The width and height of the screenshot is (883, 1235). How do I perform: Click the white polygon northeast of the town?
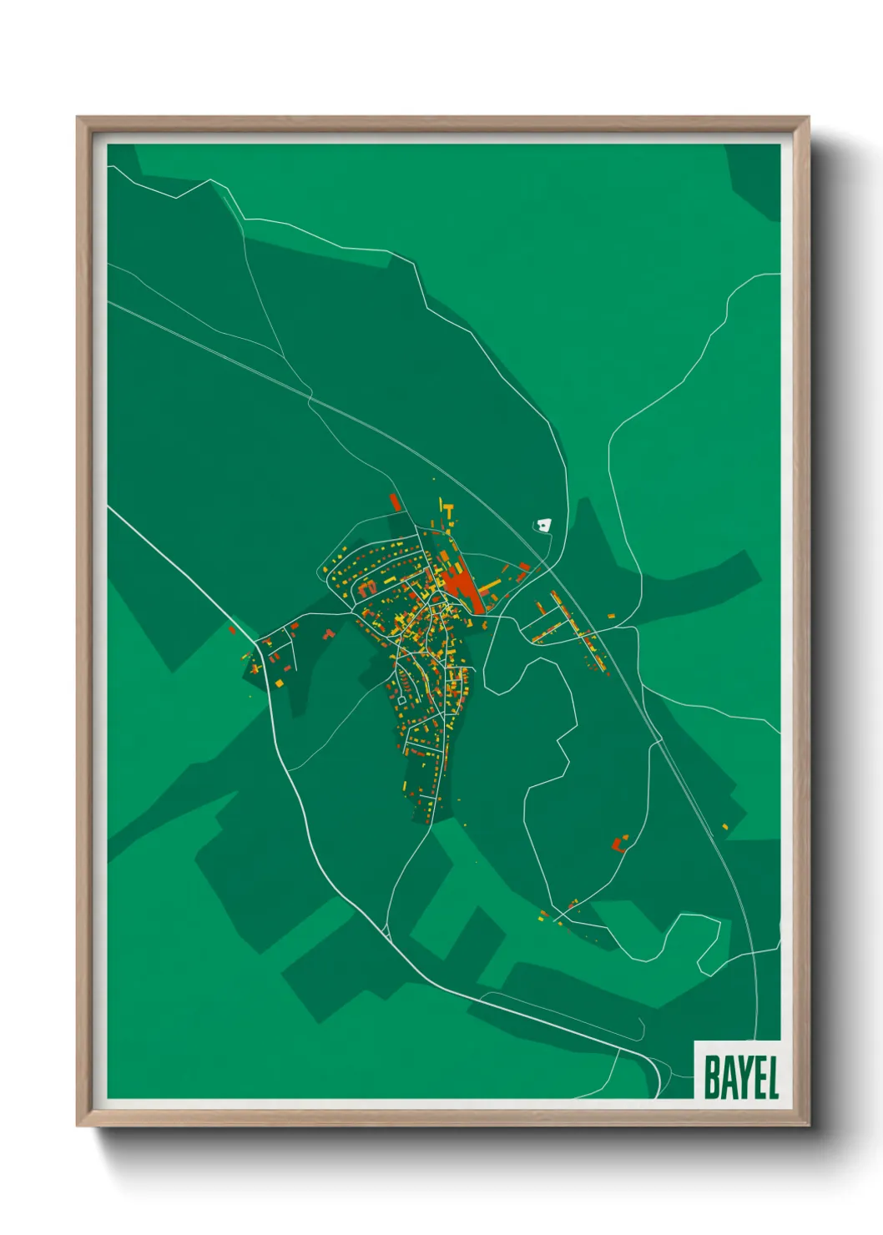(x=544, y=525)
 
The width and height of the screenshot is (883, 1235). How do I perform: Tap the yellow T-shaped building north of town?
(x=449, y=509)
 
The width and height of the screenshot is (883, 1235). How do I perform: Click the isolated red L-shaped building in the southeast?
(x=618, y=844)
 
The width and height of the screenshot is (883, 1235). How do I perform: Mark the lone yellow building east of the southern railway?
(x=725, y=826)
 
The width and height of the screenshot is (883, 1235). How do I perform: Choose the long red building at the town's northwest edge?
(x=395, y=502)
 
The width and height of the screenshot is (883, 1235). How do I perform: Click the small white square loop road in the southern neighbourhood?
(x=404, y=695)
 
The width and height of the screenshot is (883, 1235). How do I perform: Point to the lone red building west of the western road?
(x=232, y=630)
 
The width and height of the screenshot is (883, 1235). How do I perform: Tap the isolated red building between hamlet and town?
(x=329, y=634)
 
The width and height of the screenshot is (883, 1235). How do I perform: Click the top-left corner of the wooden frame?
(x=78, y=118)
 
